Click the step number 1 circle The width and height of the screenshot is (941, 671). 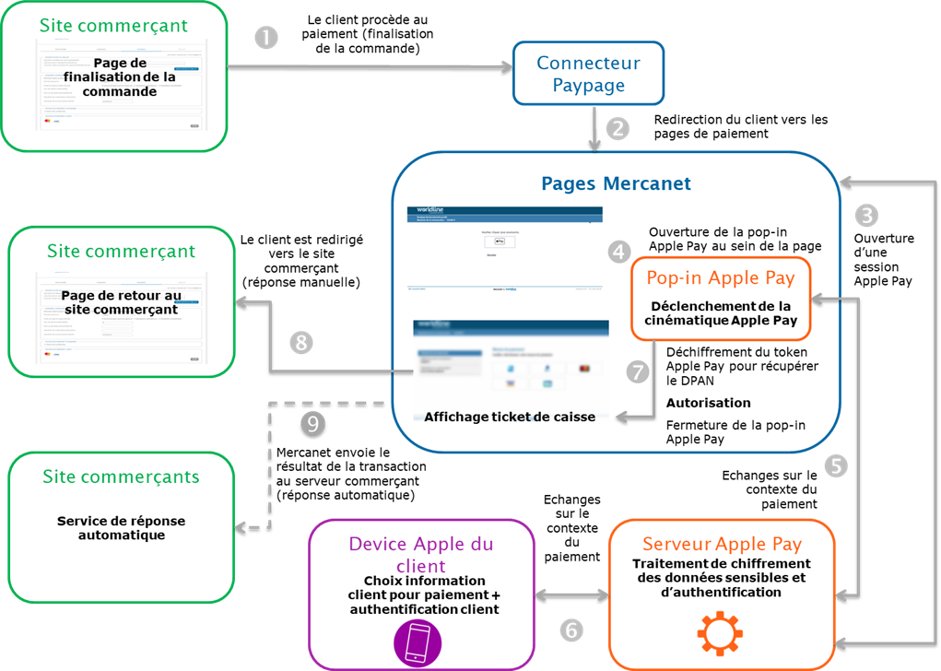(265, 38)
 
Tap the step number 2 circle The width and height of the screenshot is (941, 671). (617, 128)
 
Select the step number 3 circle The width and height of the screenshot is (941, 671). (866, 215)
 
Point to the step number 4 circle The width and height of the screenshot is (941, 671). (619, 251)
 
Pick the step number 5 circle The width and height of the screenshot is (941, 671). (835, 465)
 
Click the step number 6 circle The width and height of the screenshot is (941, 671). (571, 630)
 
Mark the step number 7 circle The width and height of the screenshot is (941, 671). (638, 371)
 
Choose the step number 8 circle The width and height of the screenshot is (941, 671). (301, 343)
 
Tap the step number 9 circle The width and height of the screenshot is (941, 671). (313, 424)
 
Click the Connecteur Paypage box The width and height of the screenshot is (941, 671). (588, 74)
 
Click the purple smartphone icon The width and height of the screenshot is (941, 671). (418, 642)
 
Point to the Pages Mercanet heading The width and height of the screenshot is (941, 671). (616, 183)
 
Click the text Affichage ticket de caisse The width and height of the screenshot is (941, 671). (510, 417)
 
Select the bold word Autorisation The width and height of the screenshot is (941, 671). (708, 403)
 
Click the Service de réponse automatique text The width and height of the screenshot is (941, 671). (122, 528)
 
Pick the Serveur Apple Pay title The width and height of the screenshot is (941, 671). (722, 544)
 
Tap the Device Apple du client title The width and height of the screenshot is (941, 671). (420, 554)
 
